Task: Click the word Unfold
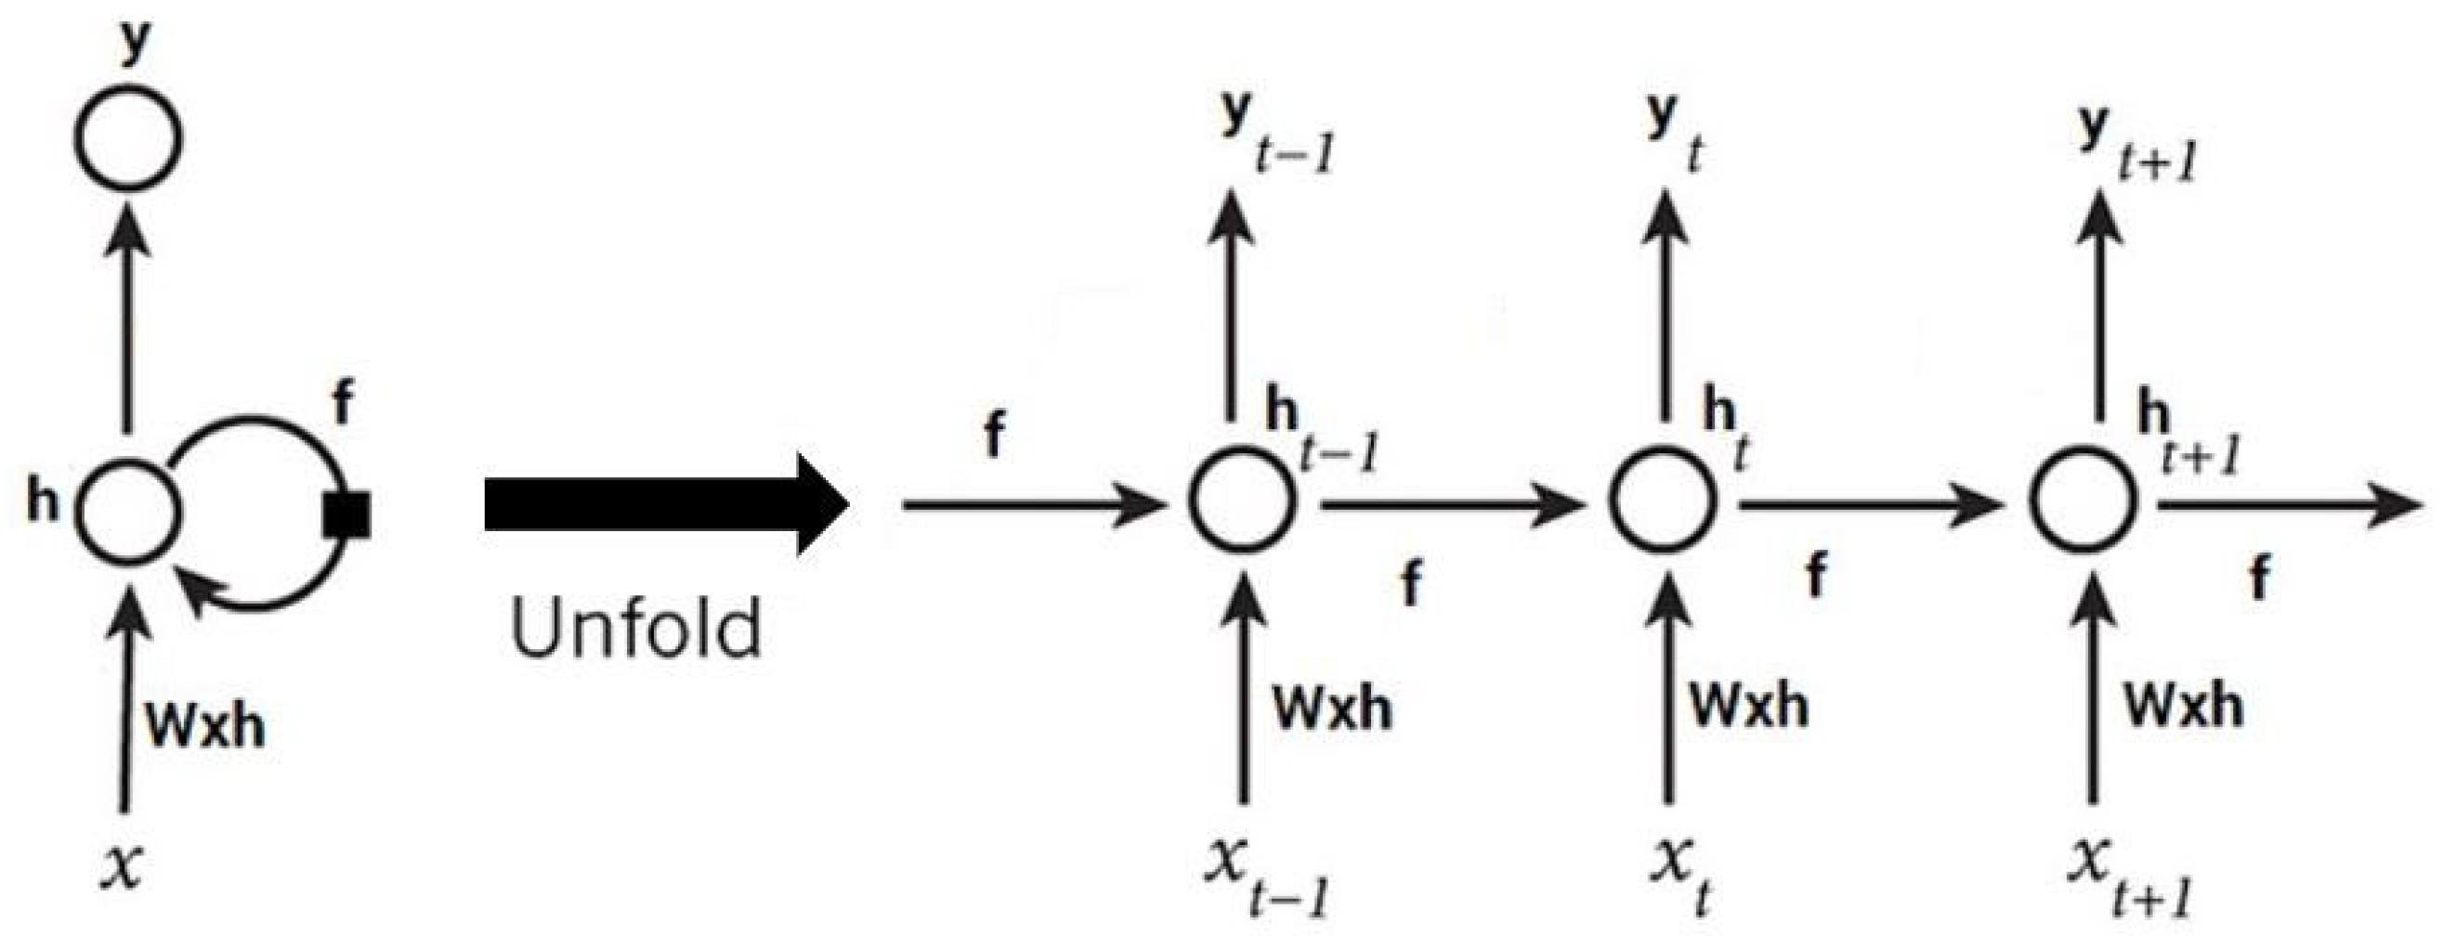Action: (635, 627)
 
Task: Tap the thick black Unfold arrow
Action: (664, 503)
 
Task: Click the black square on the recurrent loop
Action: (346, 514)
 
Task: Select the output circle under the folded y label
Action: (127, 140)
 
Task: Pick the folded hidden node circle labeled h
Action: (127, 509)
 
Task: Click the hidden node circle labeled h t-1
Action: (1240, 502)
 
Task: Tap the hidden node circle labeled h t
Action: (1663, 502)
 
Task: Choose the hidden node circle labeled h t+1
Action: (2084, 502)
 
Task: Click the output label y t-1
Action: (1275, 133)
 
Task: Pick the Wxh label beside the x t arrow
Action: (1750, 707)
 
